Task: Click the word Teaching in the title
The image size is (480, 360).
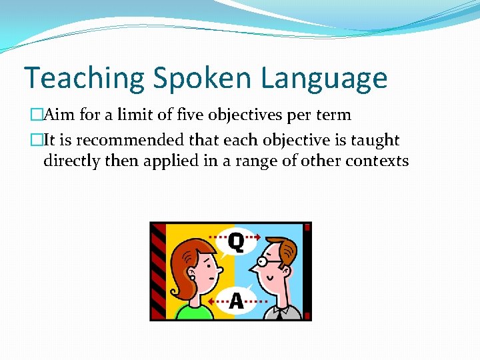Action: click(x=84, y=78)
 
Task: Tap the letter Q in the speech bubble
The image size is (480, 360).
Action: click(x=235, y=240)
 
